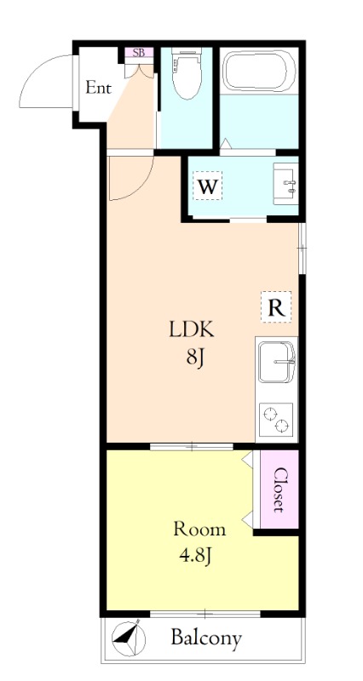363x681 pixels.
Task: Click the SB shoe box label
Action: point(139,53)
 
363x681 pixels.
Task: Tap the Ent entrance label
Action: point(99,88)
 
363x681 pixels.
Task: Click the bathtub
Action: point(259,71)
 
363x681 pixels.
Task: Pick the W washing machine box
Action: point(207,186)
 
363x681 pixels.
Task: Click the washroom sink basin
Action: point(285,183)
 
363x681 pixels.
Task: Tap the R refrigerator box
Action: point(276,307)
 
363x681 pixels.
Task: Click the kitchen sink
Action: point(276,362)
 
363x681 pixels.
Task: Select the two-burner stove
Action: point(276,419)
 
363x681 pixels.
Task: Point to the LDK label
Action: point(192,330)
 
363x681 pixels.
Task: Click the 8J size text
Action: point(195,358)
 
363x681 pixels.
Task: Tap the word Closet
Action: point(279,489)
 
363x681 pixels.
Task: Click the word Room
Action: point(199,529)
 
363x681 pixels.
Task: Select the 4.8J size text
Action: point(195,556)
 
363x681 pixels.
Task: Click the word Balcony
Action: point(206,638)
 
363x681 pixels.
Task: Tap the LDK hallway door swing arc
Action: point(143,186)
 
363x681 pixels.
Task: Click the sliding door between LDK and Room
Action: point(192,446)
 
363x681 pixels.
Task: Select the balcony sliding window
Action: point(205,614)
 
